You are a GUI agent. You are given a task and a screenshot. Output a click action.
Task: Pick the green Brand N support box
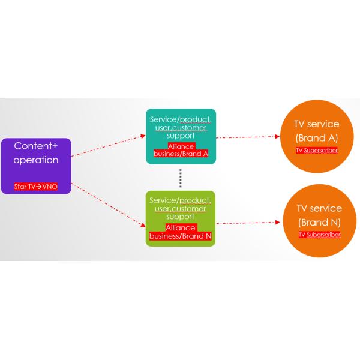180,217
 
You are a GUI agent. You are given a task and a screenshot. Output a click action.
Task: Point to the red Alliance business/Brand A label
180,149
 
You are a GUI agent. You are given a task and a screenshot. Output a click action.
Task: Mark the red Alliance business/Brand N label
180,231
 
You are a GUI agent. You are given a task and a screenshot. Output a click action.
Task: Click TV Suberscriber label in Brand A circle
317,150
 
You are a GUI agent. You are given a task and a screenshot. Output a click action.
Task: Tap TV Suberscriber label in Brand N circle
319,235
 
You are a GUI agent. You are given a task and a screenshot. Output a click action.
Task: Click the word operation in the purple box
37,161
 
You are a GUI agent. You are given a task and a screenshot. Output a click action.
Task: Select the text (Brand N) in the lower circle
319,222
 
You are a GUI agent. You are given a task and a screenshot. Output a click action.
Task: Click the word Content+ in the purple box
37,146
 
